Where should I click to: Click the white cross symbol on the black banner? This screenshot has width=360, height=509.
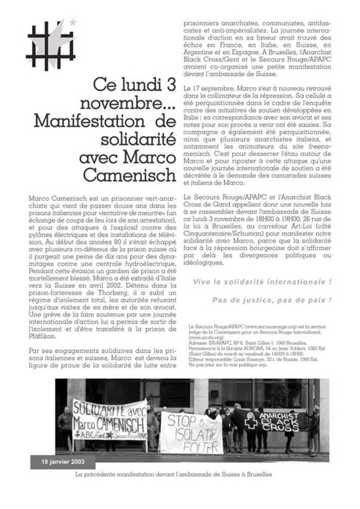click(x=252, y=421)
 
